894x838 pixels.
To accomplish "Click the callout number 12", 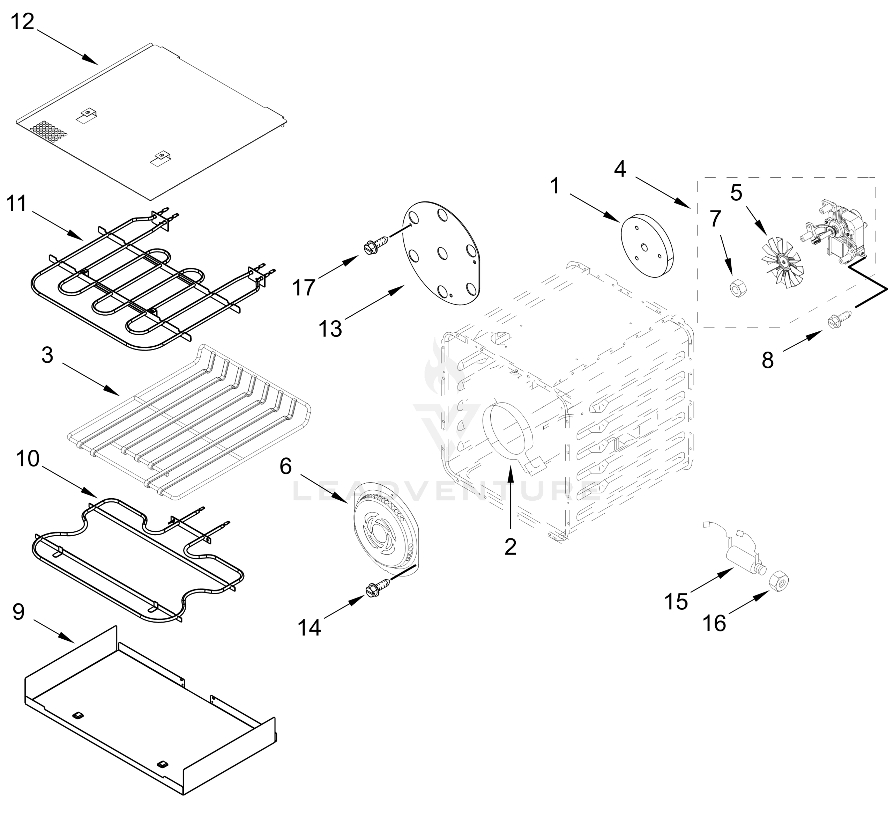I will tap(22, 21).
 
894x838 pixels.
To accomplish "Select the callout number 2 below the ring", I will tap(511, 546).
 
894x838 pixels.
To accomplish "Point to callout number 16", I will tap(714, 623).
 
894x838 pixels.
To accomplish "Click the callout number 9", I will tap(18, 612).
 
